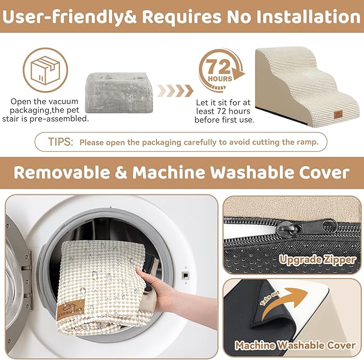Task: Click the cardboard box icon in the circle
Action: pyautogui.click(x=45, y=70)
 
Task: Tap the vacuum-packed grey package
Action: pyautogui.click(x=120, y=92)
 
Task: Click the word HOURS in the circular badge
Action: pyautogui.click(x=220, y=79)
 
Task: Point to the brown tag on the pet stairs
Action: pyautogui.click(x=338, y=114)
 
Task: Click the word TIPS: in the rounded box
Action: pyautogui.click(x=61, y=142)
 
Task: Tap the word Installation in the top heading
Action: pyautogui.click(x=293, y=17)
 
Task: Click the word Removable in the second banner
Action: pyautogui.click(x=62, y=172)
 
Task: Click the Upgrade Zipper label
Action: pyautogui.click(x=317, y=260)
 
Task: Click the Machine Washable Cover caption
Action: pyautogui.click(x=295, y=346)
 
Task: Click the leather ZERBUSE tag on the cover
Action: pyautogui.click(x=70, y=310)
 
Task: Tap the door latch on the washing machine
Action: pyautogui.click(x=185, y=275)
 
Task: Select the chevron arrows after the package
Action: pyautogui.click(x=175, y=91)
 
